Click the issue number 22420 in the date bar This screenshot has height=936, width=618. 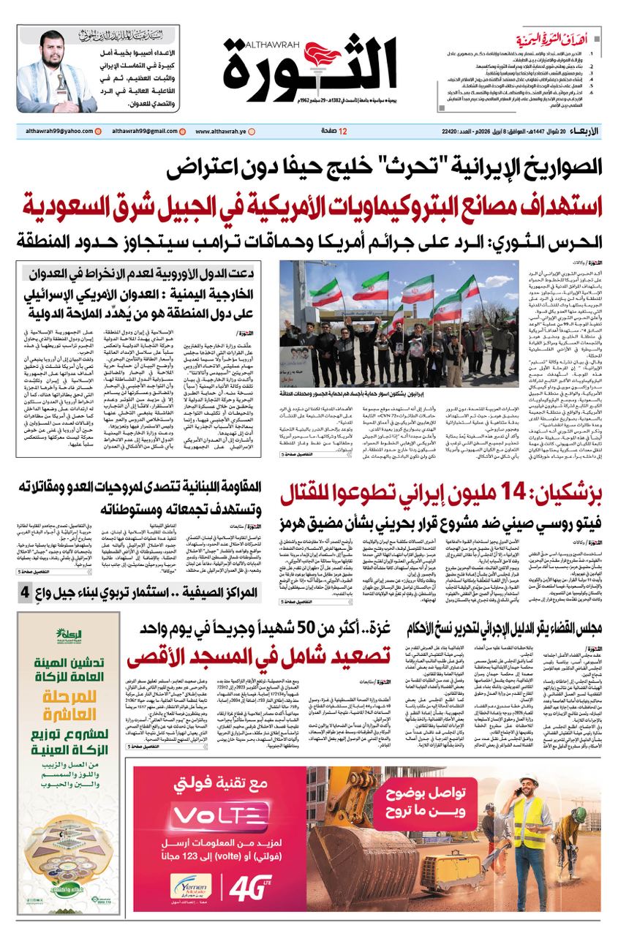454,131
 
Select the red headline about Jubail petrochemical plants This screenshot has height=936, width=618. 309,205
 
